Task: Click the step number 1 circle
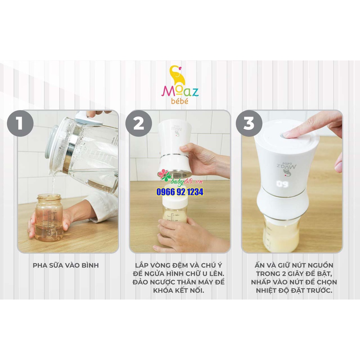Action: tap(20, 124)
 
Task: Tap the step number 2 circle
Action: tap(139, 124)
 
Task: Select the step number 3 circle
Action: tap(249, 124)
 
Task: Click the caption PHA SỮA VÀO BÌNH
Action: tap(66, 265)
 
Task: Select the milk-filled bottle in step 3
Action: tap(281, 234)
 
